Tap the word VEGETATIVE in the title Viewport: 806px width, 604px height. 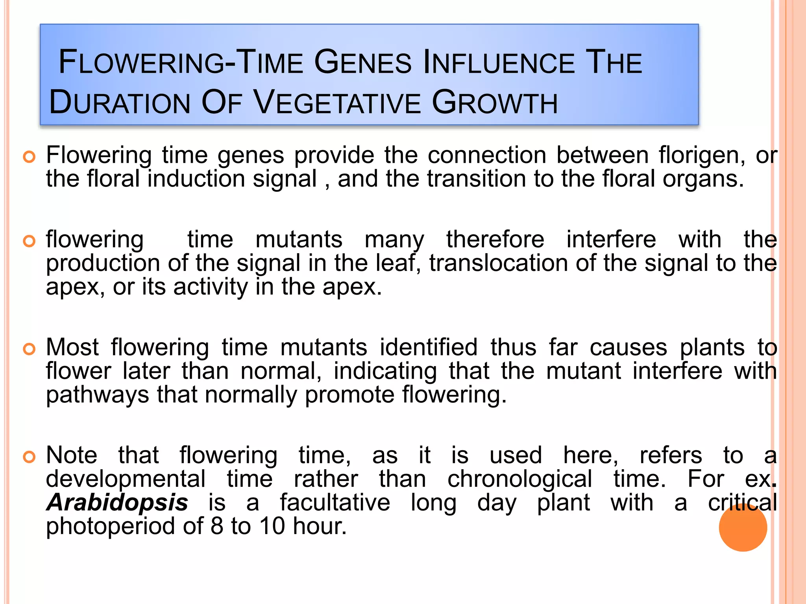pyautogui.click(x=337, y=103)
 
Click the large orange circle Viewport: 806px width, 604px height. pyautogui.click(x=743, y=527)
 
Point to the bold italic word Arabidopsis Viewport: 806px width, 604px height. pyautogui.click(x=117, y=503)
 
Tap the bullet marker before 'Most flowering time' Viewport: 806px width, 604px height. pyautogui.click(x=30, y=348)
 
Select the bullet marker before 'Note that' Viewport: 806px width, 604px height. pyautogui.click(x=30, y=457)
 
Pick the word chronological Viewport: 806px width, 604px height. pyautogui.click(x=519, y=479)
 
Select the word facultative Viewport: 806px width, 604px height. pyautogui.click(x=335, y=503)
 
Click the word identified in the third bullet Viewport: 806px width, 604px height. pyautogui.click(x=429, y=347)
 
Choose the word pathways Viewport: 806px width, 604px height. pyautogui.click(x=98, y=395)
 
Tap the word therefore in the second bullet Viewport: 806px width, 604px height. pyautogui.click(x=495, y=239)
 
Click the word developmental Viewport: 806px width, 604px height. pyautogui.click(x=126, y=479)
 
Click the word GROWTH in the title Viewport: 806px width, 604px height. pyautogui.click(x=495, y=103)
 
